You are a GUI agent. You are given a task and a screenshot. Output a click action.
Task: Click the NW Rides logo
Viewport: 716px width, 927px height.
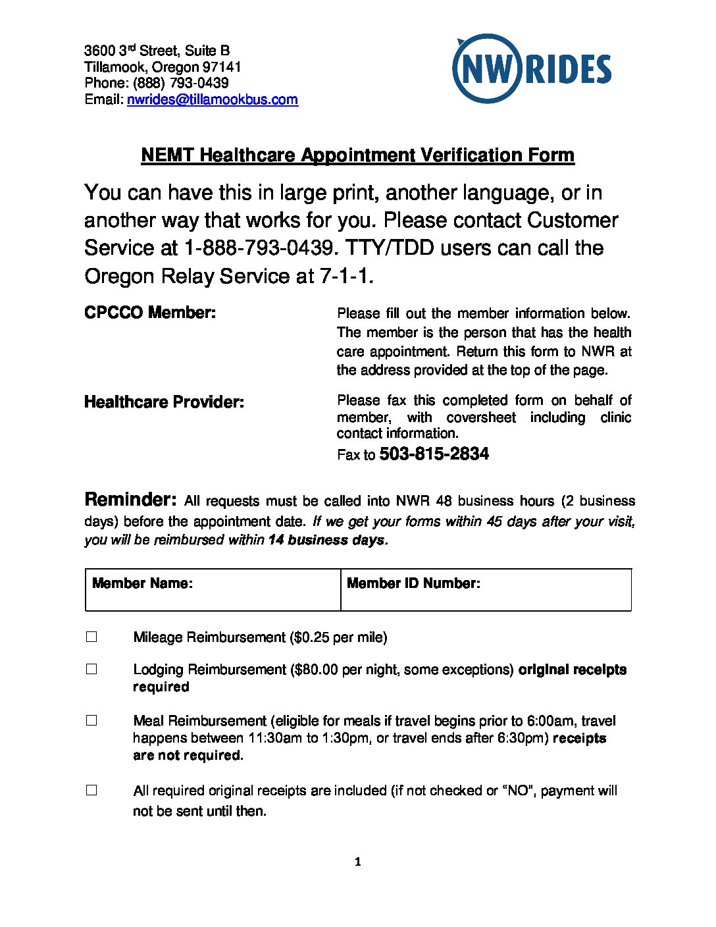pos(532,68)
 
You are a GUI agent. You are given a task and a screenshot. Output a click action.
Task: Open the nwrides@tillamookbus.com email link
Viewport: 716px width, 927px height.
pos(212,99)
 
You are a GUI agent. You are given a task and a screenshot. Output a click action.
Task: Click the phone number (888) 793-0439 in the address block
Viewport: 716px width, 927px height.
pos(181,83)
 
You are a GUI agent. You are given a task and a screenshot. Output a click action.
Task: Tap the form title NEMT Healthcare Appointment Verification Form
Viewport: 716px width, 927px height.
pos(357,155)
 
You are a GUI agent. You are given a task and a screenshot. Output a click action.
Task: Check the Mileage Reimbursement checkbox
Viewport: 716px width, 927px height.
pos(91,637)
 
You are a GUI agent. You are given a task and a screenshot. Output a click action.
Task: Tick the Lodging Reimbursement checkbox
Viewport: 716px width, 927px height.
pos(91,669)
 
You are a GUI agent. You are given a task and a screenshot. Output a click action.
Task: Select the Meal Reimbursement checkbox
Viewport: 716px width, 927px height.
pos(91,720)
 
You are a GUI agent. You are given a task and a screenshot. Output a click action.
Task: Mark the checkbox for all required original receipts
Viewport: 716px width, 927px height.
pos(91,789)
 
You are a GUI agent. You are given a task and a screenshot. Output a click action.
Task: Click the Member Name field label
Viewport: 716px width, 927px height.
pos(142,583)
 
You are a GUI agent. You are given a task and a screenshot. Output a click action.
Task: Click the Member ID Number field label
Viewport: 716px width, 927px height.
pos(413,583)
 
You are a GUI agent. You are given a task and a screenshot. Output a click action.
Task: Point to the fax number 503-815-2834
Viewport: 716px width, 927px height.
pos(434,454)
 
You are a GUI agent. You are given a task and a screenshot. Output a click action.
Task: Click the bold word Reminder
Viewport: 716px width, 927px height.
pos(130,499)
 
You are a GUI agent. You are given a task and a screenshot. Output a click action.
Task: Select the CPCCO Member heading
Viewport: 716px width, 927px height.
pos(150,312)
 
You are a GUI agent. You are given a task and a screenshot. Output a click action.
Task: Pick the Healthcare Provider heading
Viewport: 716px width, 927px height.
pos(164,402)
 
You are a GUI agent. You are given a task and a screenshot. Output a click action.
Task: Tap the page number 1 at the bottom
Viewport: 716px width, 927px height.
pos(357,862)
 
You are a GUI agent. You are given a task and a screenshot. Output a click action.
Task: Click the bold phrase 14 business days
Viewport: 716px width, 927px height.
pos(326,540)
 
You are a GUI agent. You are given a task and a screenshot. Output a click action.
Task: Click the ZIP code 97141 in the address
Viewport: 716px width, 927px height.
pos(222,67)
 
